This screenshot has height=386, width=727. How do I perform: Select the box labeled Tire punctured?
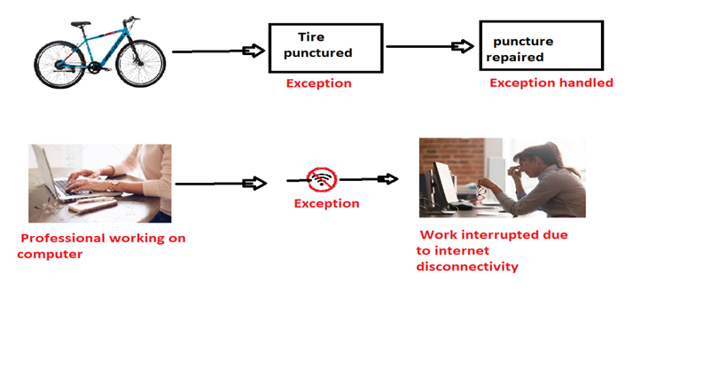pos(325,47)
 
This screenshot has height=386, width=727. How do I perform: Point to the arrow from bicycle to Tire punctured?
pos(218,51)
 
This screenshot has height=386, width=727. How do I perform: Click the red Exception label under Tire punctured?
pos(318,83)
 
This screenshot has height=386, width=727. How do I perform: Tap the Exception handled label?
pos(551,83)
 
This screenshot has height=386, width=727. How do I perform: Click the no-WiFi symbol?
pos(322,180)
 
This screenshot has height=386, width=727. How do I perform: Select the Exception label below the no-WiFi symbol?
pos(326,203)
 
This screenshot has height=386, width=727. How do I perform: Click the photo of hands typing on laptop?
pos(99,183)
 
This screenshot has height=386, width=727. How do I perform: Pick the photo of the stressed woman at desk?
pos(502,177)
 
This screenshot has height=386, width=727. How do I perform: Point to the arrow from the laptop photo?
pos(221,184)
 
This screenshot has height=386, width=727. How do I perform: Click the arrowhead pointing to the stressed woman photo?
pos(387,179)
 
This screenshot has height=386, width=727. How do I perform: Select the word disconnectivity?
pos(466,266)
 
